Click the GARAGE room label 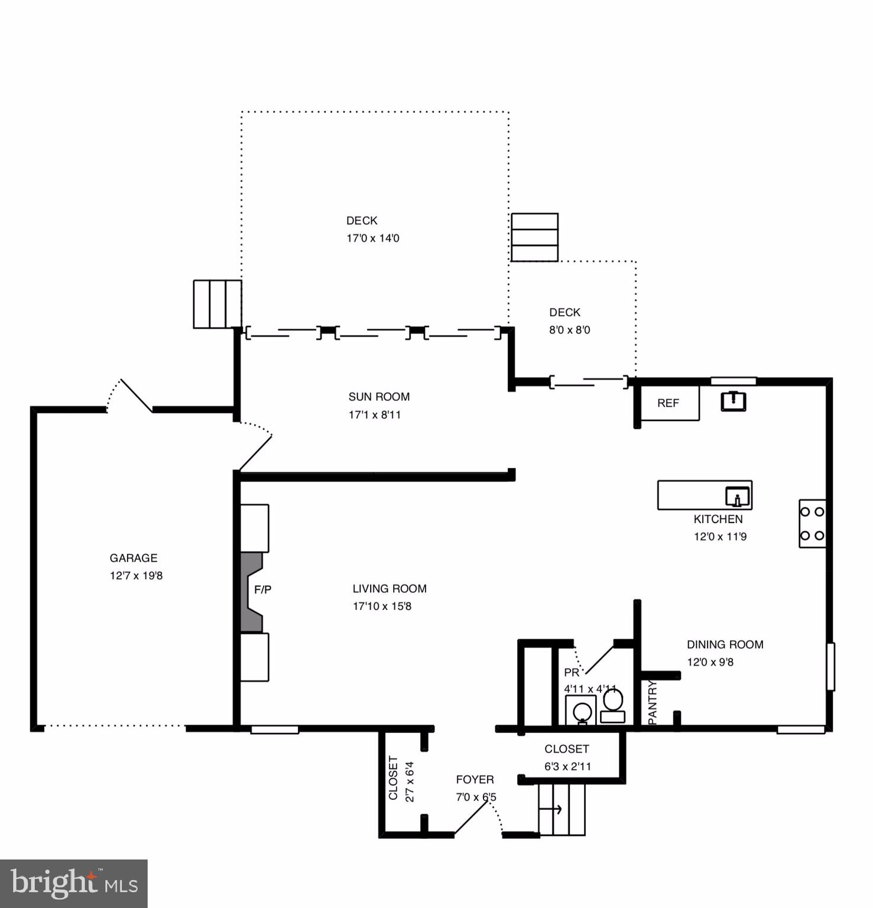134,558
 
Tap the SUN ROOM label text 379,397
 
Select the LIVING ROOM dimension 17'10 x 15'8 382,606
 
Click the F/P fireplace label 262,589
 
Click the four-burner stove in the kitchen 812,524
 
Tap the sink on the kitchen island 737,497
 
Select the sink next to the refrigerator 734,401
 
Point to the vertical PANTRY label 653,702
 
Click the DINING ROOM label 725,644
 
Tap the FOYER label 475,780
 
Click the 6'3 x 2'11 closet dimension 567,767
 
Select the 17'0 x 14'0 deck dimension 372,238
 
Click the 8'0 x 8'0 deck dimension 569,330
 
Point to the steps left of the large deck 217,304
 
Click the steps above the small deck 534,237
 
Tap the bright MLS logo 74,884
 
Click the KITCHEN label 718,519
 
